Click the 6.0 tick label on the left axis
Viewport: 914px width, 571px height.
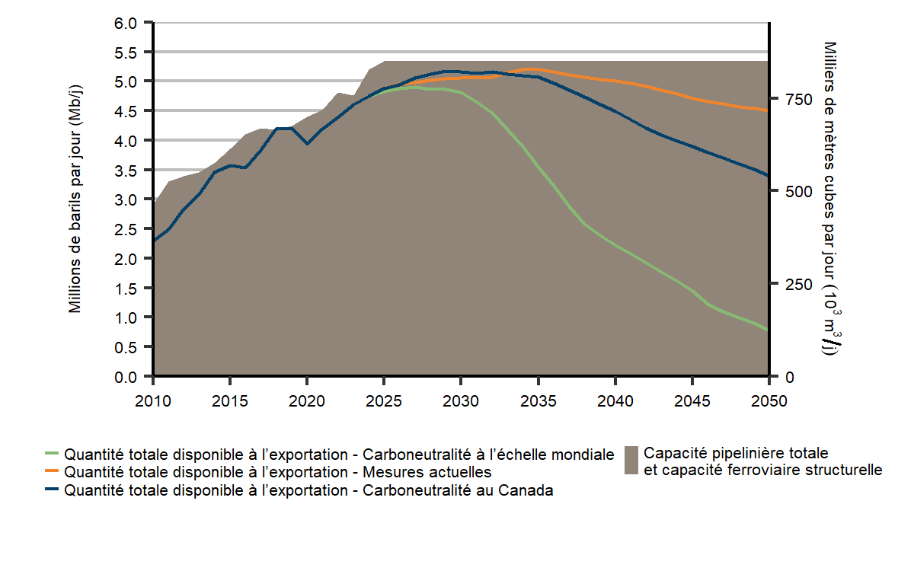click(x=126, y=23)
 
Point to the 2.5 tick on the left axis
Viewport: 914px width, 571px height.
click(x=126, y=228)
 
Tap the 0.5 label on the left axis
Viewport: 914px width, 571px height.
click(x=126, y=346)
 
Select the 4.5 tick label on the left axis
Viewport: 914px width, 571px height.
click(x=126, y=111)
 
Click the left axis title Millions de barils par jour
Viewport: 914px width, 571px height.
click(x=75, y=199)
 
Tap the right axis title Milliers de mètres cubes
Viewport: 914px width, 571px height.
click(x=830, y=199)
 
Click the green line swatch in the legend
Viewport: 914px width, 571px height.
click(x=52, y=455)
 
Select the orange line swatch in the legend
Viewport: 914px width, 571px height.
click(x=52, y=473)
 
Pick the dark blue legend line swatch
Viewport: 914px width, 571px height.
click(x=52, y=491)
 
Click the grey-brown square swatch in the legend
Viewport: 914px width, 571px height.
click(x=631, y=461)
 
